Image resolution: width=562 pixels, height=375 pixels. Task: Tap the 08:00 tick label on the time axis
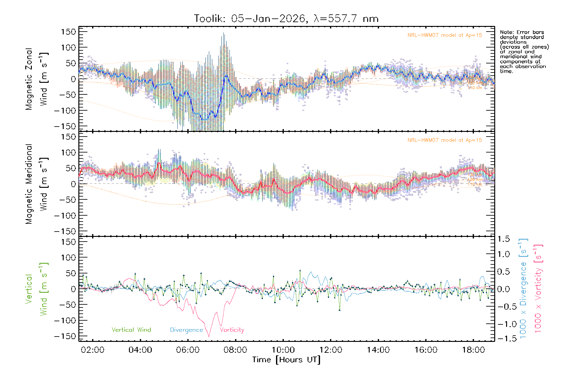click(x=235, y=350)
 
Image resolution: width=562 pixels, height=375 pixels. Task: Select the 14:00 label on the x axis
click(x=378, y=350)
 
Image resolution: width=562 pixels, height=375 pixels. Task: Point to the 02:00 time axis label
click(x=93, y=350)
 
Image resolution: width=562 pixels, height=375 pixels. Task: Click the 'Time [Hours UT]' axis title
click(x=286, y=360)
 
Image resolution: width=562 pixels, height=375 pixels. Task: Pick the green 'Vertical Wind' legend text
click(x=131, y=330)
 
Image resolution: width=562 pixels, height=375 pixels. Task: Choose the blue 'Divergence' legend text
click(x=186, y=330)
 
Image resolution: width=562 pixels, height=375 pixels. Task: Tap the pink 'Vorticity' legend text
click(x=232, y=330)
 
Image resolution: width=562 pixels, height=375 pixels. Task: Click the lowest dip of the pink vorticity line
click(x=209, y=337)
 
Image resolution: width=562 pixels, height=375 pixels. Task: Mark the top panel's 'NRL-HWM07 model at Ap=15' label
click(x=445, y=35)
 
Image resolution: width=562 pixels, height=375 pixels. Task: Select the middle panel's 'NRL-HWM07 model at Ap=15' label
click(x=445, y=140)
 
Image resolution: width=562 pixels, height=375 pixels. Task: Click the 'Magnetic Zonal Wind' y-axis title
click(x=37, y=79)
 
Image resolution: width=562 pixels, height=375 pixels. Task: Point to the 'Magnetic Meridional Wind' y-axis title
click(x=37, y=184)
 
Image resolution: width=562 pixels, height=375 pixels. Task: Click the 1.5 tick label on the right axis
click(x=504, y=239)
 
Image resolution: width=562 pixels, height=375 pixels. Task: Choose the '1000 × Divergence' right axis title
click(x=523, y=289)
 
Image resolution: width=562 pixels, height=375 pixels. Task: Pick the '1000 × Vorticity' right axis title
click(x=538, y=289)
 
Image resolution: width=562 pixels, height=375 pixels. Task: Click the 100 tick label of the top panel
click(x=68, y=47)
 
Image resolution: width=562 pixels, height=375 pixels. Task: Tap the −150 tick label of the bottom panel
click(x=65, y=336)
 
